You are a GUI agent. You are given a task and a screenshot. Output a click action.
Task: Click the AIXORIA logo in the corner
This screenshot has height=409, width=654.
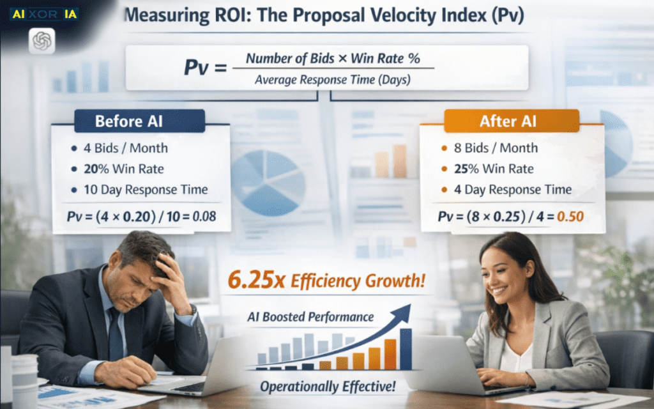(x=43, y=13)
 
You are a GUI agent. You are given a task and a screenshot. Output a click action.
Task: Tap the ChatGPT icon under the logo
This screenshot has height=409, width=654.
(x=42, y=42)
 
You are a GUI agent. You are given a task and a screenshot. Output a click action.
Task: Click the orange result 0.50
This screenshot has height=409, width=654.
(x=571, y=217)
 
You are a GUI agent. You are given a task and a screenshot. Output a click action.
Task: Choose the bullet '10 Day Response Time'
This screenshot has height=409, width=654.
(x=145, y=189)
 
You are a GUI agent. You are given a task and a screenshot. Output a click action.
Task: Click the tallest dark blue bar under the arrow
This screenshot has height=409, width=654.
(x=406, y=349)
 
